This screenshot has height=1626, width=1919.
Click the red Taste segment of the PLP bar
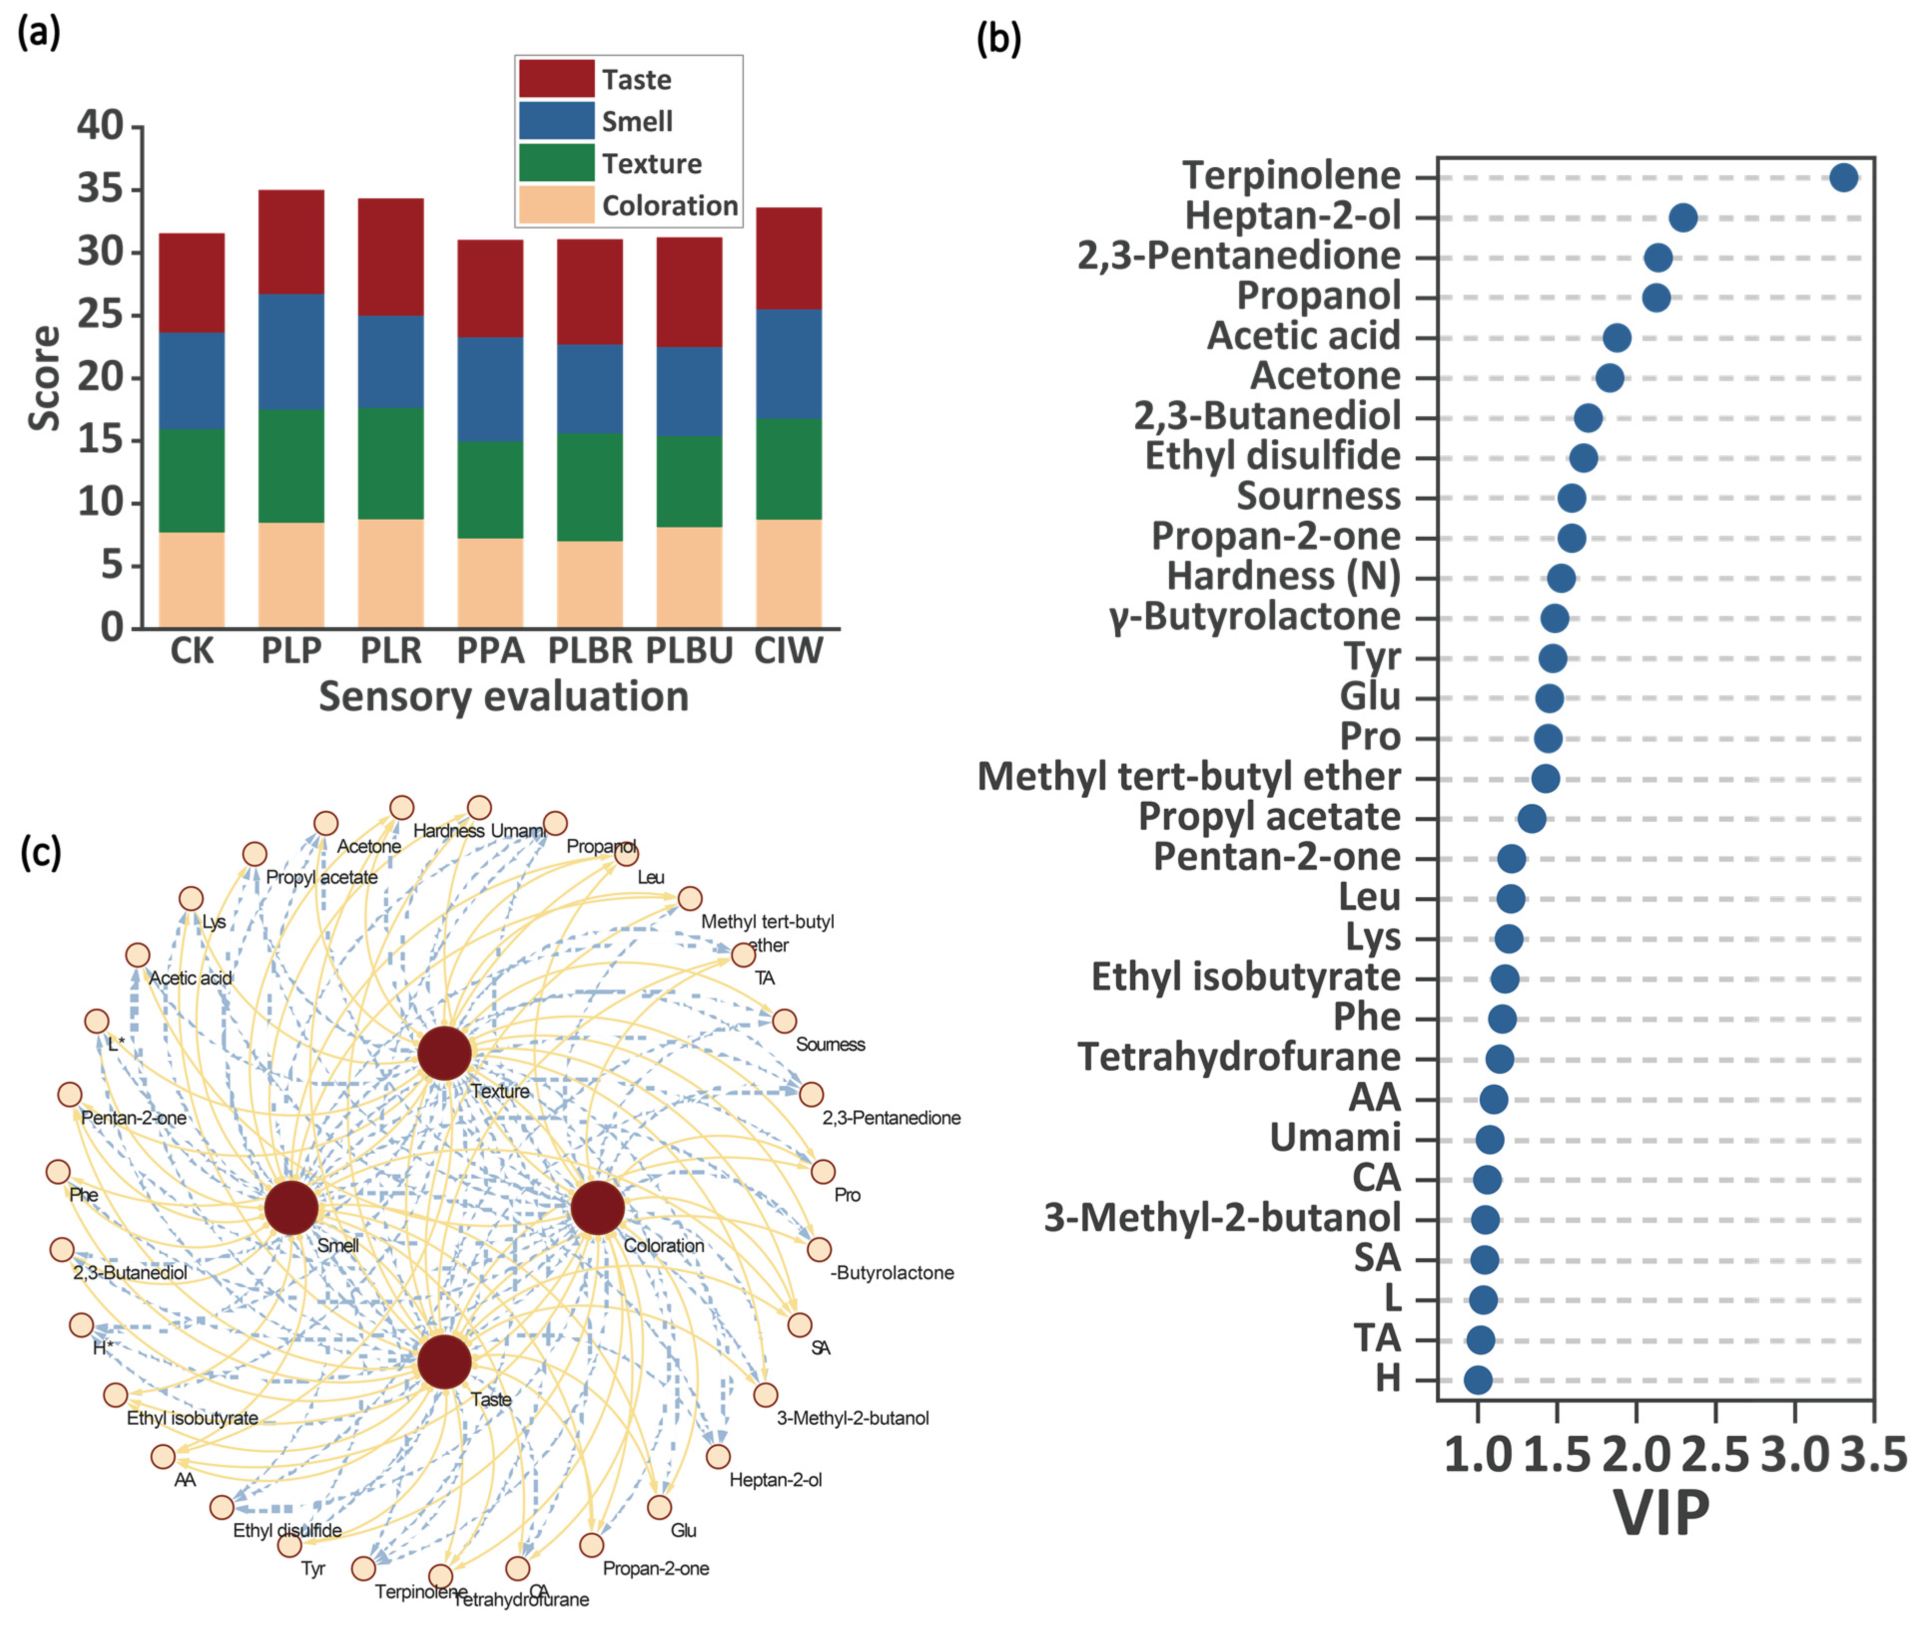click(x=291, y=242)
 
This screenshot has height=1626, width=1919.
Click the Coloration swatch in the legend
click(x=556, y=205)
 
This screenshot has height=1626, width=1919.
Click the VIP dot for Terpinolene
click(x=1843, y=177)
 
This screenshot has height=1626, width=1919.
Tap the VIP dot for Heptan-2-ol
click(x=1682, y=218)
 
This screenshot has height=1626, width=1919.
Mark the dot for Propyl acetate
click(x=1531, y=818)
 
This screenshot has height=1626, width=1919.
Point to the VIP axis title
click(x=1661, y=1512)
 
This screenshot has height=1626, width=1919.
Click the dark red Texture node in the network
click(x=444, y=1053)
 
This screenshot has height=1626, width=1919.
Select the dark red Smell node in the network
click(x=291, y=1208)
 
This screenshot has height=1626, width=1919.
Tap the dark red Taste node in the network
click(x=444, y=1361)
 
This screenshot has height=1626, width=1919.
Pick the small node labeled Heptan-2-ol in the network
click(x=718, y=1456)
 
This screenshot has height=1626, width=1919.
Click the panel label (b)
click(x=998, y=39)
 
